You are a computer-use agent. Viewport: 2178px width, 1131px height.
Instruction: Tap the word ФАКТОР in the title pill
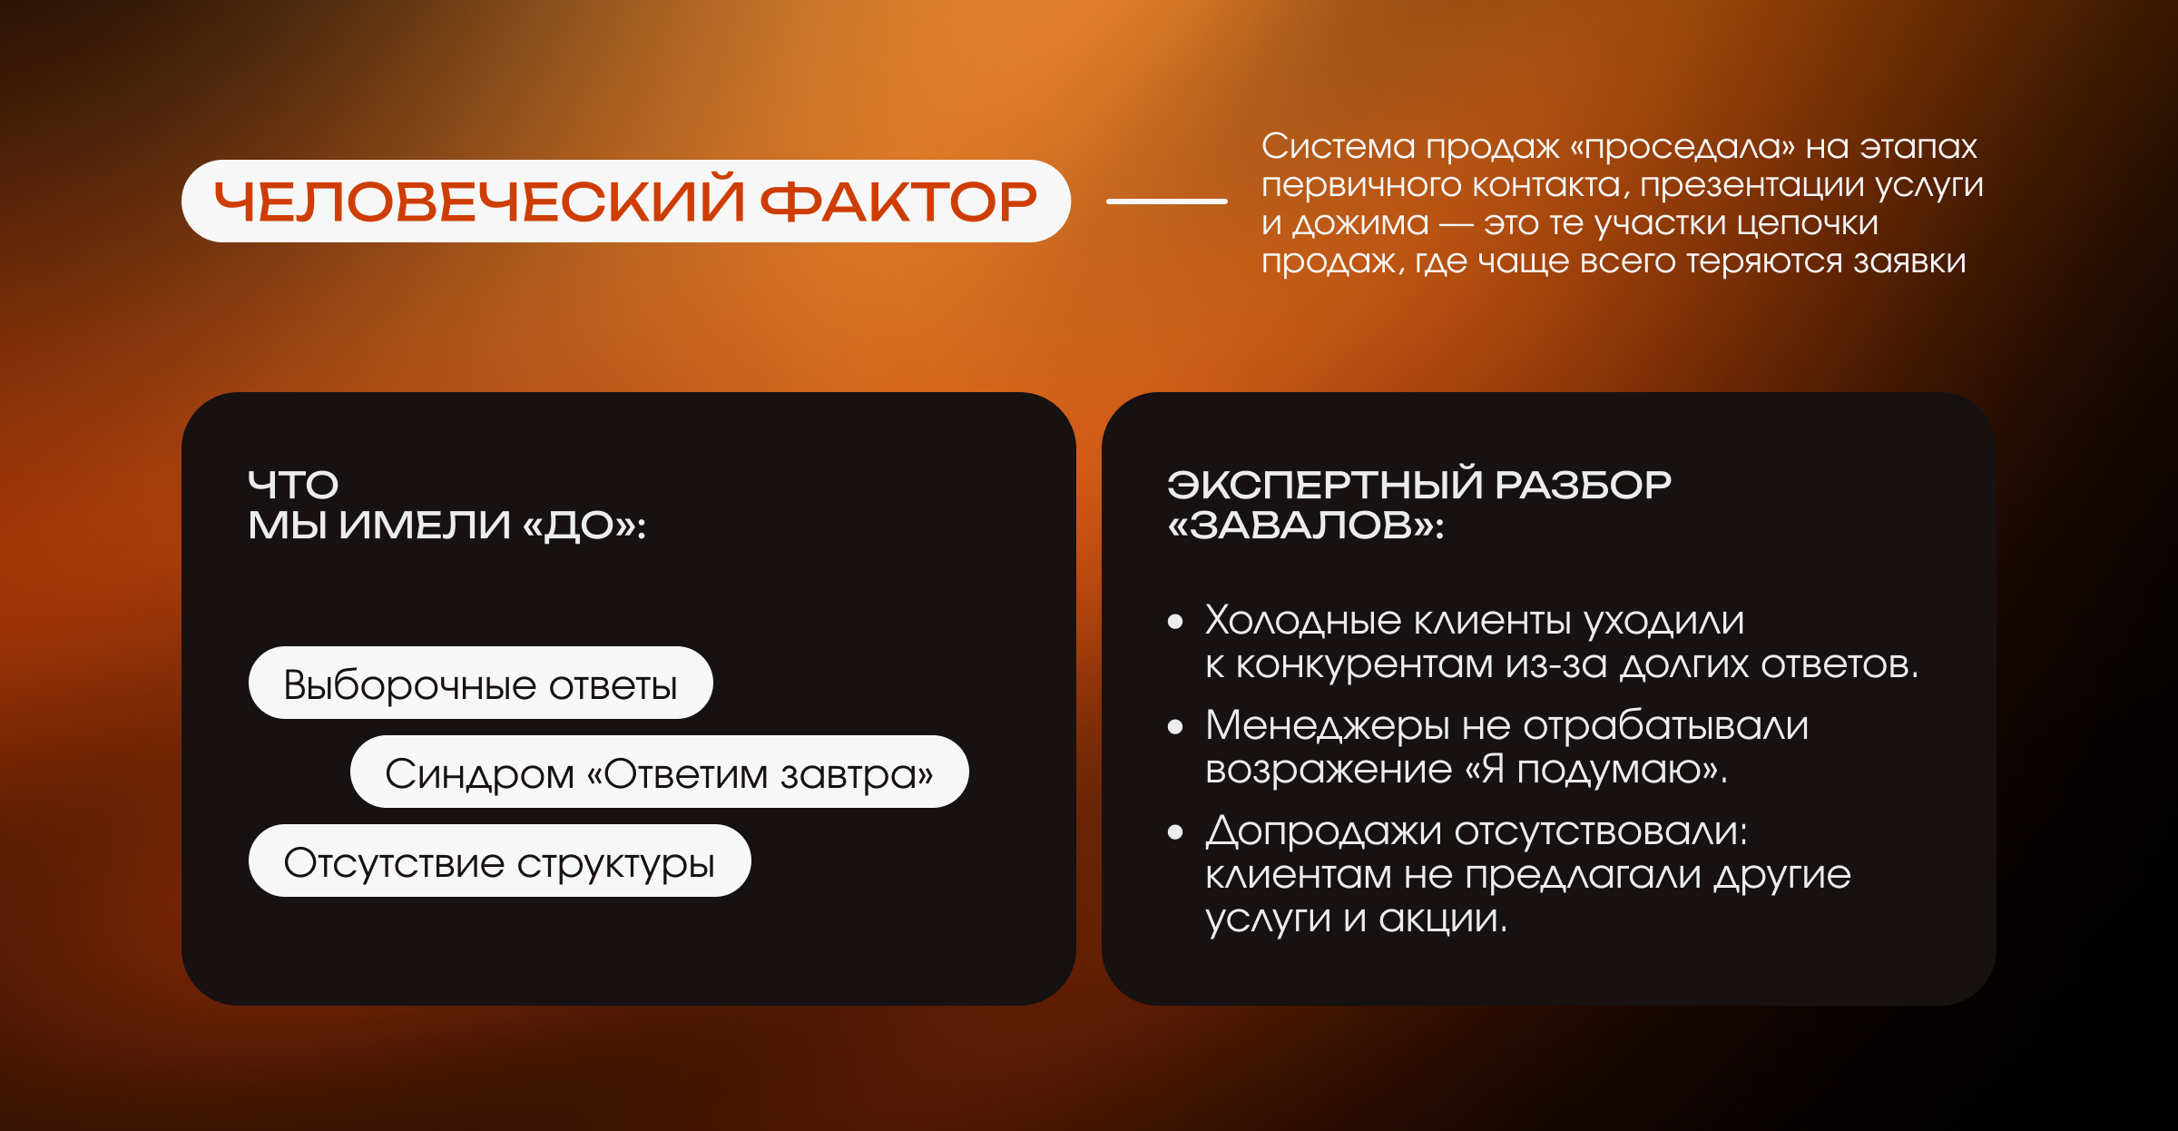click(x=898, y=202)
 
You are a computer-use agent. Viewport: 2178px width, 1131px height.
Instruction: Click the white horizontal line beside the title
click(x=1167, y=201)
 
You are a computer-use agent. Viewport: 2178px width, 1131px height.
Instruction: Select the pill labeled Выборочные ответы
click(x=481, y=683)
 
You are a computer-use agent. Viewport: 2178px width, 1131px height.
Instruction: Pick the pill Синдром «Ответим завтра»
click(x=660, y=772)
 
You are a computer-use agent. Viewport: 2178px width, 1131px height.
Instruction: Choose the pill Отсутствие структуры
click(x=500, y=861)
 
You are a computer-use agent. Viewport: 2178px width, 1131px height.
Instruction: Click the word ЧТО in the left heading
click(x=293, y=485)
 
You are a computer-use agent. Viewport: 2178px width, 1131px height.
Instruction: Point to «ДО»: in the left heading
click(x=584, y=526)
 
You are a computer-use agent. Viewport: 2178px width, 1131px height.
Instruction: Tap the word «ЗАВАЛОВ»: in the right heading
click(x=1306, y=525)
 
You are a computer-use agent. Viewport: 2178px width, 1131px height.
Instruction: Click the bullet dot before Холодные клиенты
click(x=1176, y=622)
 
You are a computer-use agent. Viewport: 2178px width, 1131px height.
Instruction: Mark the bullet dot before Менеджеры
click(x=1176, y=726)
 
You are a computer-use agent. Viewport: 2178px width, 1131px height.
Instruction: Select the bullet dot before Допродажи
click(x=1176, y=831)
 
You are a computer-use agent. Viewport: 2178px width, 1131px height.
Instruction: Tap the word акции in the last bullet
click(x=1443, y=919)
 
